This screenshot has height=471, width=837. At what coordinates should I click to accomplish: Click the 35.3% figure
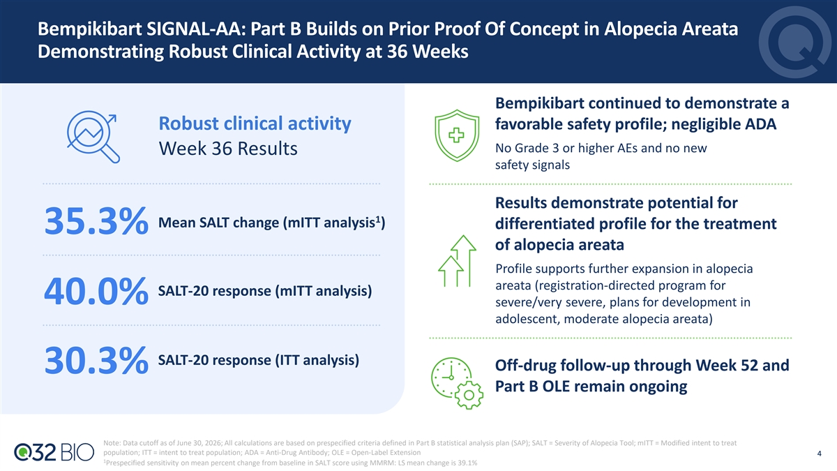coord(96,221)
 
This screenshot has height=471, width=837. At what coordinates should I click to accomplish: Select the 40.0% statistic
coord(96,290)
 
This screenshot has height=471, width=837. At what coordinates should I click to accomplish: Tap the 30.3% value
coord(96,359)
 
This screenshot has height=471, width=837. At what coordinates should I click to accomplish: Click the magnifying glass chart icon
coord(93,137)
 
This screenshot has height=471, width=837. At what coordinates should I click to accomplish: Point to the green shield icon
coord(457,135)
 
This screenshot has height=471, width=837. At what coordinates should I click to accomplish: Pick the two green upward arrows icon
coord(457,261)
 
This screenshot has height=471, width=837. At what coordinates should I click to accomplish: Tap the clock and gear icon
coord(457,383)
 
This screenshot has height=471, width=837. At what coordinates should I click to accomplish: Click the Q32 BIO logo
coord(54,452)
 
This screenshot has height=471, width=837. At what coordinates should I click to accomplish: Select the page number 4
coord(819,454)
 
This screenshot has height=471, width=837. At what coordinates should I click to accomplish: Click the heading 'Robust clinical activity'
coord(255,124)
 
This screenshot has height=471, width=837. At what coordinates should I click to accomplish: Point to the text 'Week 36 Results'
coord(228,149)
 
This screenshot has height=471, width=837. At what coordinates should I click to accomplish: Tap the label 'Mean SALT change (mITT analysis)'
coord(271,223)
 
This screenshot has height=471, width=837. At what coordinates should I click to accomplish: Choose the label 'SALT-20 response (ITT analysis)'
coord(259,360)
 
